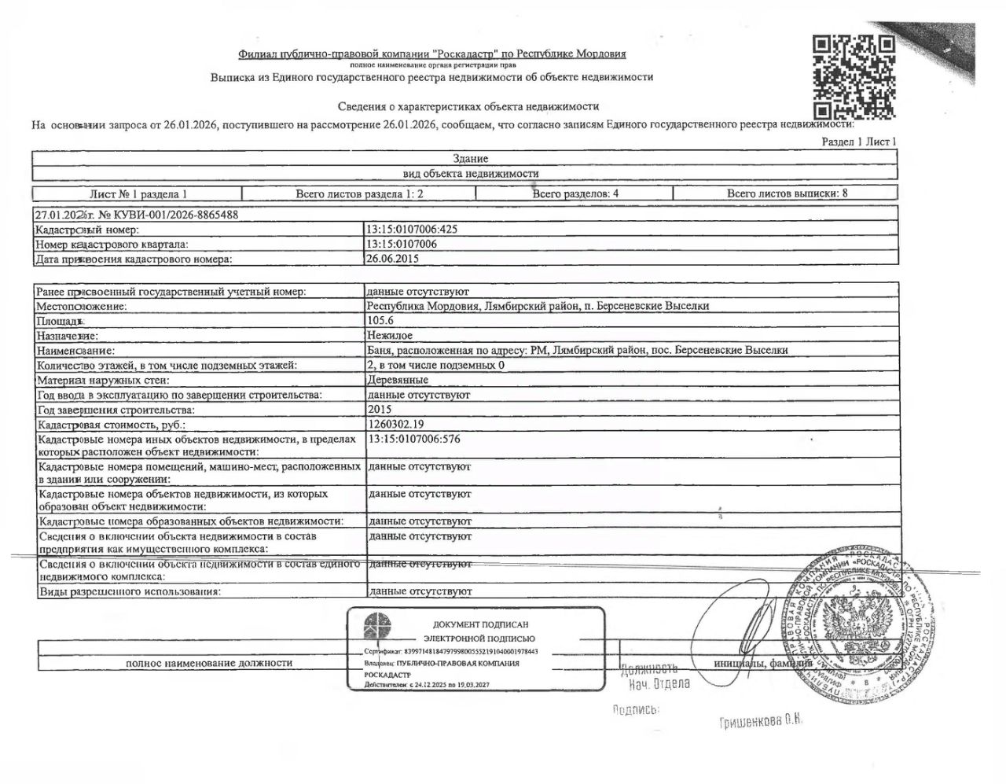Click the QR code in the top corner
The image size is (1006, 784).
coord(854,76)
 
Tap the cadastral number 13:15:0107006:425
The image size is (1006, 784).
coord(412,230)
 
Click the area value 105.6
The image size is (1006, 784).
coord(380,321)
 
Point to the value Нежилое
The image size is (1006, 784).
coord(389,336)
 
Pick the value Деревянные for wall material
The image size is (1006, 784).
coord(398,380)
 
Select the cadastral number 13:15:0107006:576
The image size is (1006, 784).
coord(413,439)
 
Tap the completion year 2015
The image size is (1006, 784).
coord(379,410)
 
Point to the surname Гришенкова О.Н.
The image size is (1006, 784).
coord(759,722)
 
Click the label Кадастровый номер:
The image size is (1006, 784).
coord(87,230)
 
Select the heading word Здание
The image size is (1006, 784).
coord(471,159)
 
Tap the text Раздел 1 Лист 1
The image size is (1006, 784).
coord(858,142)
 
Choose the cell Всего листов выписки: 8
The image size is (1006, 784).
coord(787,193)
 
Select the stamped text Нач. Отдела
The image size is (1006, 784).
coord(659,683)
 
